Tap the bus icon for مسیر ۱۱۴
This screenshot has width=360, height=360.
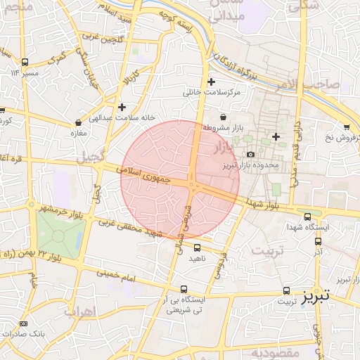[x=25, y=62]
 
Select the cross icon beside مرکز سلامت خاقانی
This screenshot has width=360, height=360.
[x=211, y=82]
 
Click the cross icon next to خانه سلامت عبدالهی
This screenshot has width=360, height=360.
[x=122, y=107]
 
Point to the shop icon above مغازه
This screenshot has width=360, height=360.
[x=77, y=122]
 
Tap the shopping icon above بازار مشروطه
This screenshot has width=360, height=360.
[x=223, y=117]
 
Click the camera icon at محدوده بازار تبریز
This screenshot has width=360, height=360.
[x=250, y=155]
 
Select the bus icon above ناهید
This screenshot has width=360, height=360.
[x=197, y=247]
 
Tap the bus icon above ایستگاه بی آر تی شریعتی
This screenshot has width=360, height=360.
[x=184, y=289]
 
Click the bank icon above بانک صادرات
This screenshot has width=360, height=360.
[x=24, y=323]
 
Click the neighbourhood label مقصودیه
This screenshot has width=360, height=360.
[x=276, y=352]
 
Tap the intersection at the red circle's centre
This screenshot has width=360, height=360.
[x=192, y=184]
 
